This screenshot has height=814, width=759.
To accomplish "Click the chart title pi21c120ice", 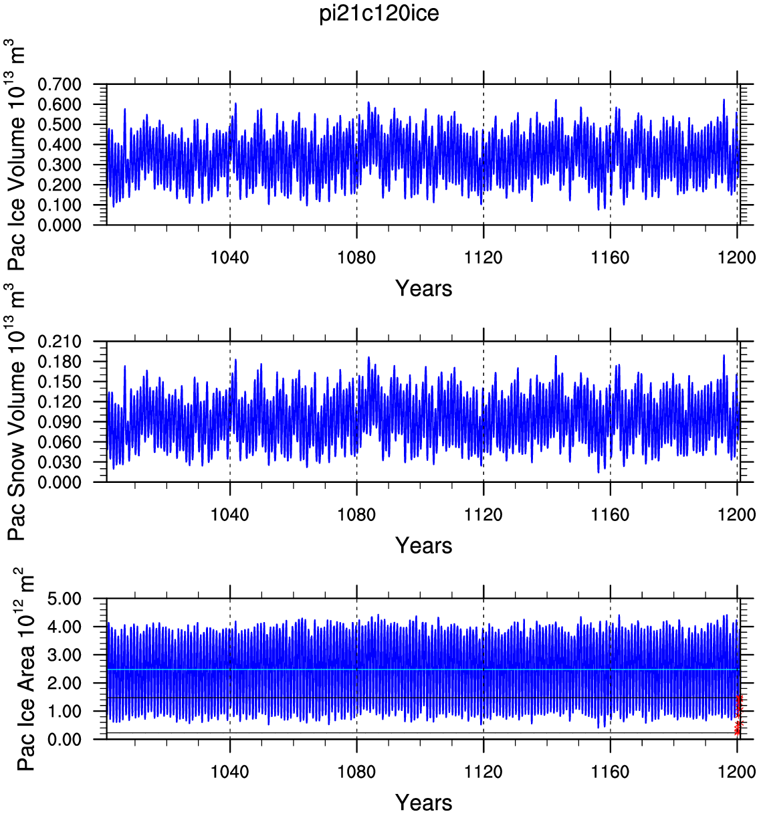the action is coord(379,13).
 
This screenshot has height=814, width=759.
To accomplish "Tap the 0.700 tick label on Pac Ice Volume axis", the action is coord(60,85).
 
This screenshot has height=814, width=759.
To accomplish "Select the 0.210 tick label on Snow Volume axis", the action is coord(60,341).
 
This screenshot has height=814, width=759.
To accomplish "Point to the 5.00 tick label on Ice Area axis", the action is coord(65,599).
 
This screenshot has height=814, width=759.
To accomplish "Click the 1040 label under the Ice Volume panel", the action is coord(229,258).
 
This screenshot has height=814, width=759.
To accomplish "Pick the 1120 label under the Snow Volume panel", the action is coord(483,514).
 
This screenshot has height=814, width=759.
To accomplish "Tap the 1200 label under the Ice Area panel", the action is coord(737,772).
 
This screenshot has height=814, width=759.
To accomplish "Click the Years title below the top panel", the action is coord(424,288).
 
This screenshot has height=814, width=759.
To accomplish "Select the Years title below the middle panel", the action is coord(424,546).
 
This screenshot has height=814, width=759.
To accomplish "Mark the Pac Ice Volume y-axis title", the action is coord(15,155).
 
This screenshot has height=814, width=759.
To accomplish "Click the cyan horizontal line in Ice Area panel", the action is coord(422,670).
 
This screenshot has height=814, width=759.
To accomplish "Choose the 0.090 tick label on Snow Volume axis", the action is coord(60,422).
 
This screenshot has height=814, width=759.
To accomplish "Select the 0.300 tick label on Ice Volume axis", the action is coord(60,165).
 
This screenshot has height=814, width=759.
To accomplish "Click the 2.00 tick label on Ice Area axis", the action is coord(65,684).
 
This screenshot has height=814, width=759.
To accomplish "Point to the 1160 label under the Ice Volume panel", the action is coord(610,258).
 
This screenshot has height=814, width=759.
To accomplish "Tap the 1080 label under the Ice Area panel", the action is coord(356,772).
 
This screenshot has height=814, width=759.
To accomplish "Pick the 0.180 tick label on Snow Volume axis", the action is coord(60,362).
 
